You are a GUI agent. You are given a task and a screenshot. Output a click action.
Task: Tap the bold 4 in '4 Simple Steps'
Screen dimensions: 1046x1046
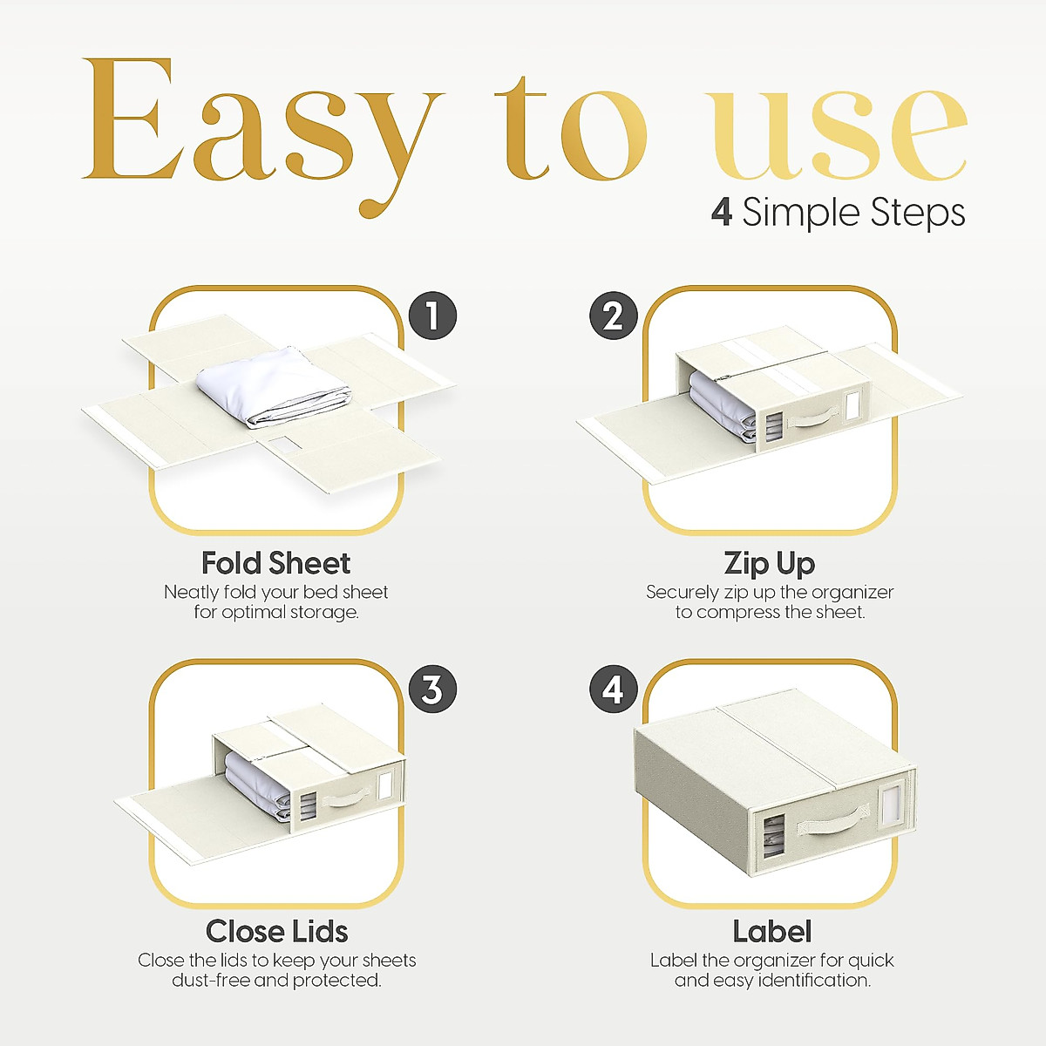721,212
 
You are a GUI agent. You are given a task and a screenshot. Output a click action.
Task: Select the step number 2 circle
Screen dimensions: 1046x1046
614,316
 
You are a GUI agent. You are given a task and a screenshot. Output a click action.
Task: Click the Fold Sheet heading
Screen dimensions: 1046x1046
275,563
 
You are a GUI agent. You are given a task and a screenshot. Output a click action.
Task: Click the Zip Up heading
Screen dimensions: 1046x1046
769,563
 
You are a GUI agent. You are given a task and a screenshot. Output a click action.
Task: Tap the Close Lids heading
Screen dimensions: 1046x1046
276,932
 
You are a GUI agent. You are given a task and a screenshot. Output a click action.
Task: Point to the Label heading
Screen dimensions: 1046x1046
771,932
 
